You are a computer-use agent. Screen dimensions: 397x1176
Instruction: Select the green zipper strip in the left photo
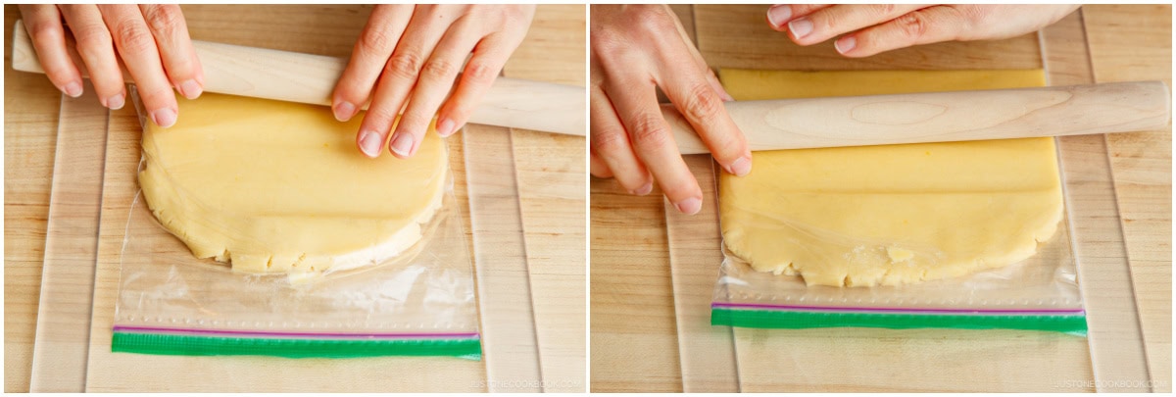pos(294,345)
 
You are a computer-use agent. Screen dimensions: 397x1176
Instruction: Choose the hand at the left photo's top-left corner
pos(108,49)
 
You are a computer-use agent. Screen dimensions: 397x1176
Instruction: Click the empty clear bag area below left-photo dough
pos(294,294)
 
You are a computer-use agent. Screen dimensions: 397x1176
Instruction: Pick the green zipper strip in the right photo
pos(897,320)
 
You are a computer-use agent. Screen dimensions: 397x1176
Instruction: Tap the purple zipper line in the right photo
pos(897,308)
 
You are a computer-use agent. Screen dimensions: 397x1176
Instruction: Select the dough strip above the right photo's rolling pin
pos(882,83)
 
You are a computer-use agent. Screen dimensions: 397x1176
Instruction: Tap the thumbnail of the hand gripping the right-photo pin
pos(737,165)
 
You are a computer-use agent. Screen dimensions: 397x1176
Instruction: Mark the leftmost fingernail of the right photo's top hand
pos(780,16)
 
